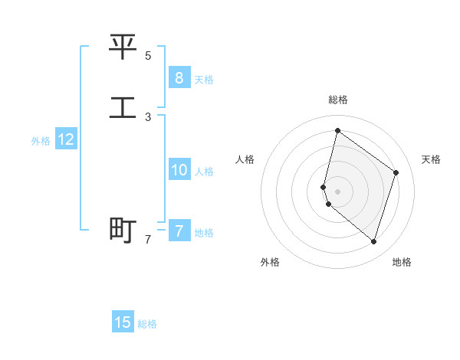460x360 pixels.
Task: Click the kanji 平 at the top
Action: (123, 47)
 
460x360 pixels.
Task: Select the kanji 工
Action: (123, 107)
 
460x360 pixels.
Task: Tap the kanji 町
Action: (123, 230)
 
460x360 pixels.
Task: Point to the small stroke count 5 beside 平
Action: (148, 56)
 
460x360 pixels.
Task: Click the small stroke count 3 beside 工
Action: (148, 117)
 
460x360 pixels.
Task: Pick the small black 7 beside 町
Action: (148, 240)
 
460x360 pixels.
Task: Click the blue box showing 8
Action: (179, 77)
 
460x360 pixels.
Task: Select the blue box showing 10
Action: (179, 170)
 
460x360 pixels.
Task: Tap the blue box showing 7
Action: (179, 231)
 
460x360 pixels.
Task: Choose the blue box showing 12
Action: (66, 139)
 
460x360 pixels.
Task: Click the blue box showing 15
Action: (123, 322)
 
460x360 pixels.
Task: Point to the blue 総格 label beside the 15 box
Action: (147, 324)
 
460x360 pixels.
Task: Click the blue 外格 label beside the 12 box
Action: (41, 141)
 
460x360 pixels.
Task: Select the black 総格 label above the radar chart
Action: (337, 100)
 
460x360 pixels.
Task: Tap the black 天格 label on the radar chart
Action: (431, 159)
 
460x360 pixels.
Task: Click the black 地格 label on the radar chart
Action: (402, 262)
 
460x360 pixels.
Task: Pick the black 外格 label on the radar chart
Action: (270, 262)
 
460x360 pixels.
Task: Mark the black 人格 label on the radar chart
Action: (245, 159)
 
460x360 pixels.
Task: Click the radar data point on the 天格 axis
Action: (396, 172)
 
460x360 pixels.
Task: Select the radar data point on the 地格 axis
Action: (373, 241)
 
